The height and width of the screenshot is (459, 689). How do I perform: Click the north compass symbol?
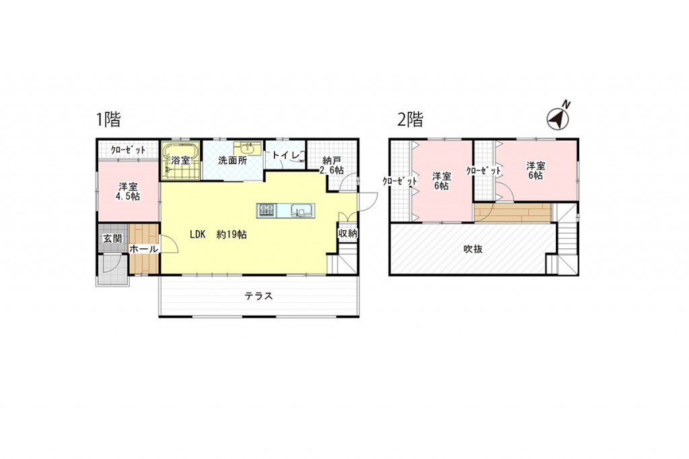(x=558, y=118)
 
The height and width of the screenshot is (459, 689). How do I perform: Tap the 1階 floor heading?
(x=108, y=119)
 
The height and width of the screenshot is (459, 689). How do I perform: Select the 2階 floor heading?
(x=410, y=119)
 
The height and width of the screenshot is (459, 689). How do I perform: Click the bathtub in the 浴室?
(x=180, y=153)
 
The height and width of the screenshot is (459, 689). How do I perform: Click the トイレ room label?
(x=285, y=155)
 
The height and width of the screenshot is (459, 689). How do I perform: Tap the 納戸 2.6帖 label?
(x=332, y=166)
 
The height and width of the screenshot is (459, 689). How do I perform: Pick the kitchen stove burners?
(x=266, y=210)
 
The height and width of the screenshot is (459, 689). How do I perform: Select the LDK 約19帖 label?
(x=218, y=235)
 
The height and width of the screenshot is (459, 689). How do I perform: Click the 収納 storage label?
(x=348, y=234)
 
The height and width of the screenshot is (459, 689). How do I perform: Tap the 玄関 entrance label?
(x=112, y=239)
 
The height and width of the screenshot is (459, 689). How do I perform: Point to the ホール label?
(x=144, y=249)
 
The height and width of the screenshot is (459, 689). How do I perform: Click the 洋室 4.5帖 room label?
(x=127, y=192)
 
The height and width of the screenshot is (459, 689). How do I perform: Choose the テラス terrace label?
(x=259, y=296)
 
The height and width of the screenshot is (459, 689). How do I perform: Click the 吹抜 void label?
(x=473, y=249)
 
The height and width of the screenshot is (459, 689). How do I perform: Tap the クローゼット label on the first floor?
(x=128, y=150)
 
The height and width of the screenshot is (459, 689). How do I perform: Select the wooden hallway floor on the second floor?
(x=513, y=213)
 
